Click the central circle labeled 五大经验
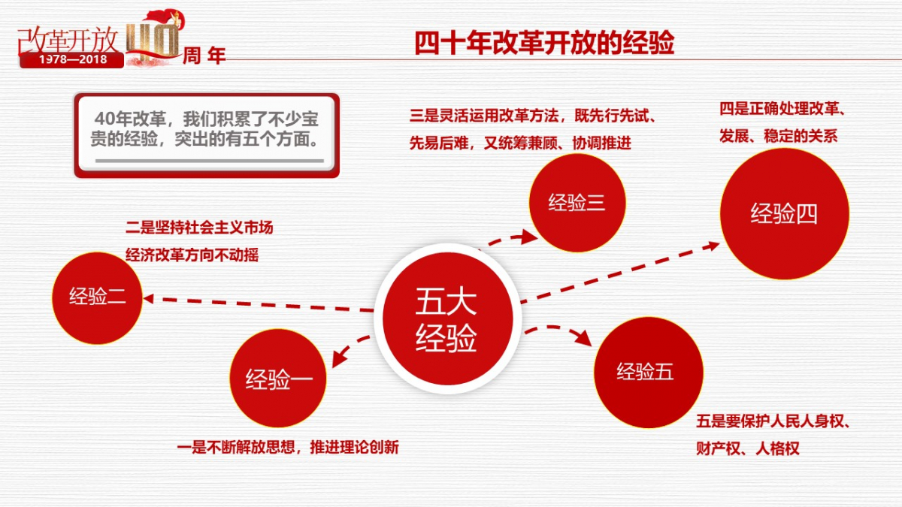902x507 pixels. pyautogui.click(x=447, y=318)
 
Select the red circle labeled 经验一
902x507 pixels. pyautogui.click(x=278, y=379)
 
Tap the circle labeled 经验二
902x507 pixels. pyautogui.click(x=97, y=298)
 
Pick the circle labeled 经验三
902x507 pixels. pyautogui.click(x=577, y=203)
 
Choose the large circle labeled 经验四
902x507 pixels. pyautogui.click(x=785, y=213)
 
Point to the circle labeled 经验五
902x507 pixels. pyautogui.click(x=648, y=373)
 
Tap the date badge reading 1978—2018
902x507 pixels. pyautogui.click(x=72, y=59)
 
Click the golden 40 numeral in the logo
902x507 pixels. pyautogui.click(x=153, y=41)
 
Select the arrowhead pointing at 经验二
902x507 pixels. pyautogui.click(x=148, y=299)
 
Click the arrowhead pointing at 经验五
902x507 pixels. pyautogui.click(x=584, y=338)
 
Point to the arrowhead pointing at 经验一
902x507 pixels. pyautogui.click(x=339, y=358)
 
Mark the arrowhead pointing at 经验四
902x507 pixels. pyautogui.click(x=712, y=246)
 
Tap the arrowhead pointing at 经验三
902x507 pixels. pyautogui.click(x=529, y=237)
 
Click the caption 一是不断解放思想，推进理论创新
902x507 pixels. pyautogui.click(x=288, y=447)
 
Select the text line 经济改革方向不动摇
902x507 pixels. pyautogui.click(x=192, y=255)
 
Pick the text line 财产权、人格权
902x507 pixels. pyautogui.click(x=748, y=448)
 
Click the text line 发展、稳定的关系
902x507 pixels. pyautogui.click(x=779, y=136)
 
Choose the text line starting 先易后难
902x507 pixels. pyautogui.click(x=520, y=143)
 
